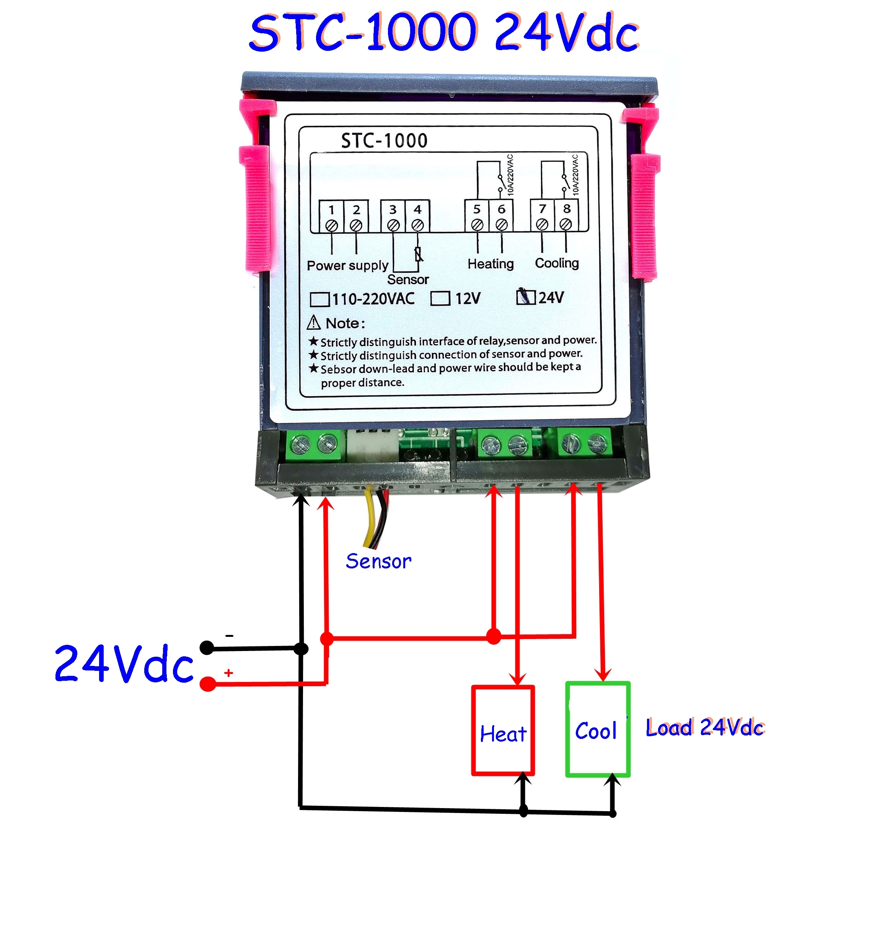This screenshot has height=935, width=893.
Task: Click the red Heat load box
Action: (x=503, y=730)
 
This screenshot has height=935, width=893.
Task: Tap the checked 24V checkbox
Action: (x=526, y=297)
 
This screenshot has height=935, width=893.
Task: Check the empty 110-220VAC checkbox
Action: (x=319, y=299)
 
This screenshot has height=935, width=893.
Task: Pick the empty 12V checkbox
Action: (x=440, y=298)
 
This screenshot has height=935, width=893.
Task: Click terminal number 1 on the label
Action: (x=331, y=210)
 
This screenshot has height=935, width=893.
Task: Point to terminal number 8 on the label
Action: (x=567, y=209)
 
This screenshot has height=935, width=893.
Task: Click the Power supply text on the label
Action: (x=347, y=265)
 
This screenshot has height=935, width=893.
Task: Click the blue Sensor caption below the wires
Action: (x=378, y=561)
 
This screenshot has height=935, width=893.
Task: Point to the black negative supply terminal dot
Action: (x=207, y=647)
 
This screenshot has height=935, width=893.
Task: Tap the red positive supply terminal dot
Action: (x=207, y=684)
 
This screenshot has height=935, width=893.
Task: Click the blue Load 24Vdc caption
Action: (x=704, y=728)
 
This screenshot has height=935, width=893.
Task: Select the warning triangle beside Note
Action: (x=314, y=323)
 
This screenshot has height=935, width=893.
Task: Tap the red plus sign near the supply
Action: (x=228, y=672)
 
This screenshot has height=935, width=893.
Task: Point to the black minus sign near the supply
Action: (x=230, y=636)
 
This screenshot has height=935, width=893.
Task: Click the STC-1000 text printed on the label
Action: (x=384, y=141)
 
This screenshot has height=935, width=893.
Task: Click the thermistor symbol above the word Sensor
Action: (x=419, y=255)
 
